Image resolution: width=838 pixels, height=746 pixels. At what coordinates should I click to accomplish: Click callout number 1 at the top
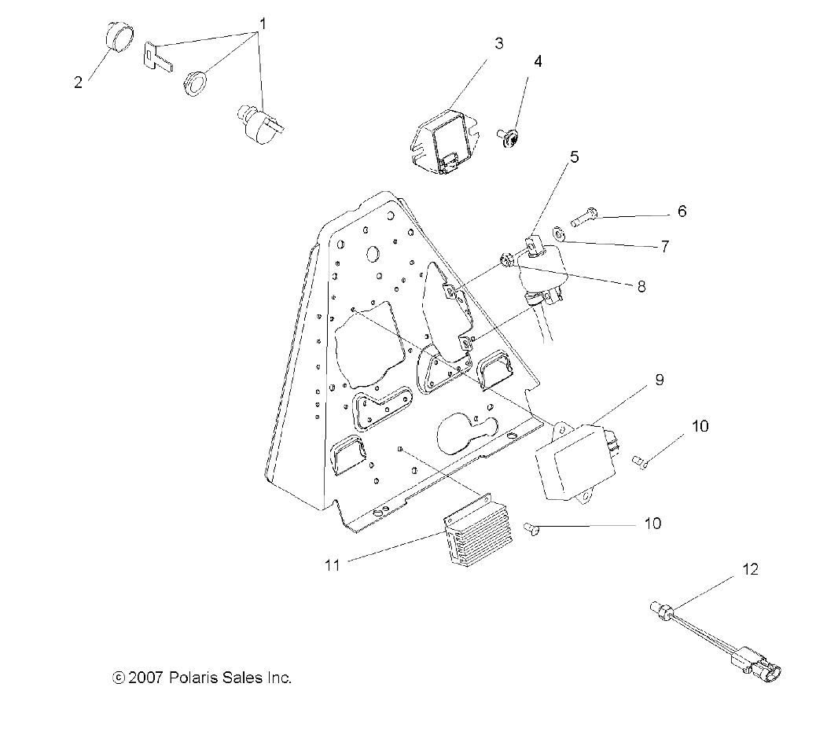click(x=263, y=24)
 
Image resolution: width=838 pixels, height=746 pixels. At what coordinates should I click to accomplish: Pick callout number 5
click(x=574, y=157)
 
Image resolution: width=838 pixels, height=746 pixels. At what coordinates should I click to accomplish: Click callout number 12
click(x=750, y=569)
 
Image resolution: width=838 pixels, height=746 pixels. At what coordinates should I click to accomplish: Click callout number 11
click(x=333, y=564)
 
